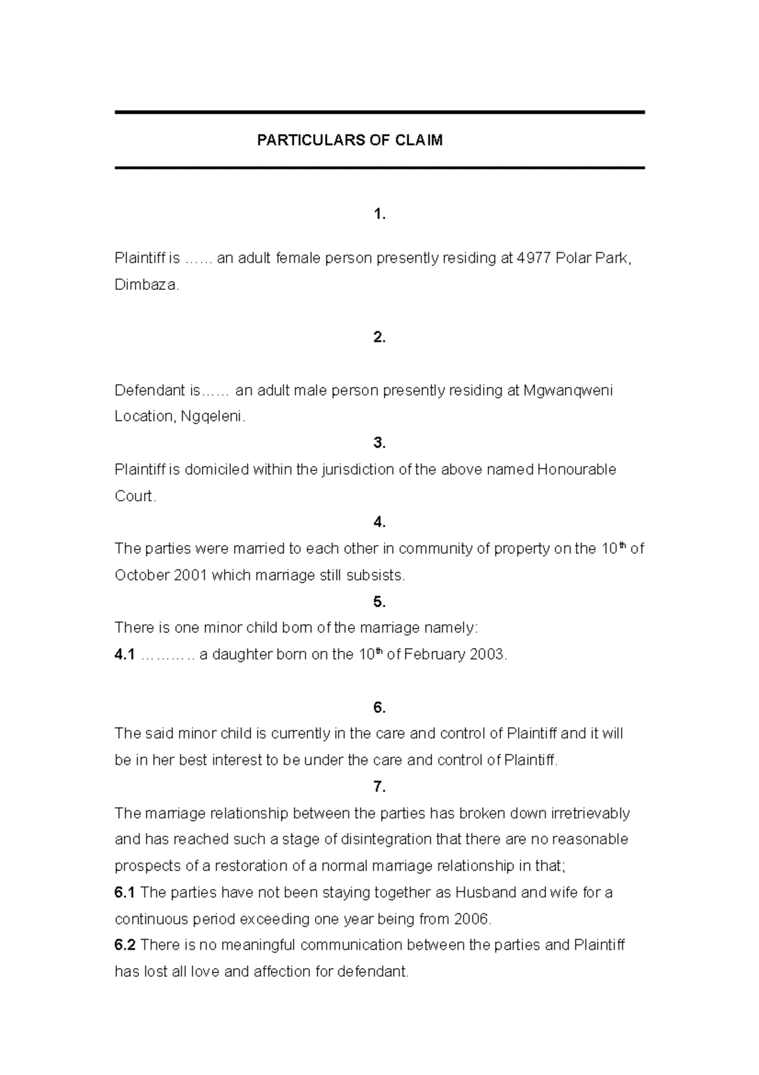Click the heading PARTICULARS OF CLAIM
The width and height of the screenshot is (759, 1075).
pyautogui.click(x=349, y=141)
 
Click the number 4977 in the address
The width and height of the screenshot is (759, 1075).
pyautogui.click(x=534, y=258)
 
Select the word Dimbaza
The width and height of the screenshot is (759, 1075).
pyautogui.click(x=147, y=285)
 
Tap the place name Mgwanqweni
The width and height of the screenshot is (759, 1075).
pyautogui.click(x=568, y=391)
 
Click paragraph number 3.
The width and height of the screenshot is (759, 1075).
pyautogui.click(x=379, y=443)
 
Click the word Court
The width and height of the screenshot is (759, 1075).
pyautogui.click(x=135, y=496)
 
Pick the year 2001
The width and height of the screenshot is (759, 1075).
pyautogui.click(x=190, y=575)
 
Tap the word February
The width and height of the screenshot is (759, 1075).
pyautogui.click(x=435, y=655)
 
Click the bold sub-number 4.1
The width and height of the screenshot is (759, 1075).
pyautogui.click(x=125, y=655)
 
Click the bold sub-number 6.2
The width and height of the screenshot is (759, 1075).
pyautogui.click(x=125, y=945)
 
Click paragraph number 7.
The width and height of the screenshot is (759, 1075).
pyautogui.click(x=379, y=787)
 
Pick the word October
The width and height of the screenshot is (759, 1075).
pyautogui.click(x=141, y=575)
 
